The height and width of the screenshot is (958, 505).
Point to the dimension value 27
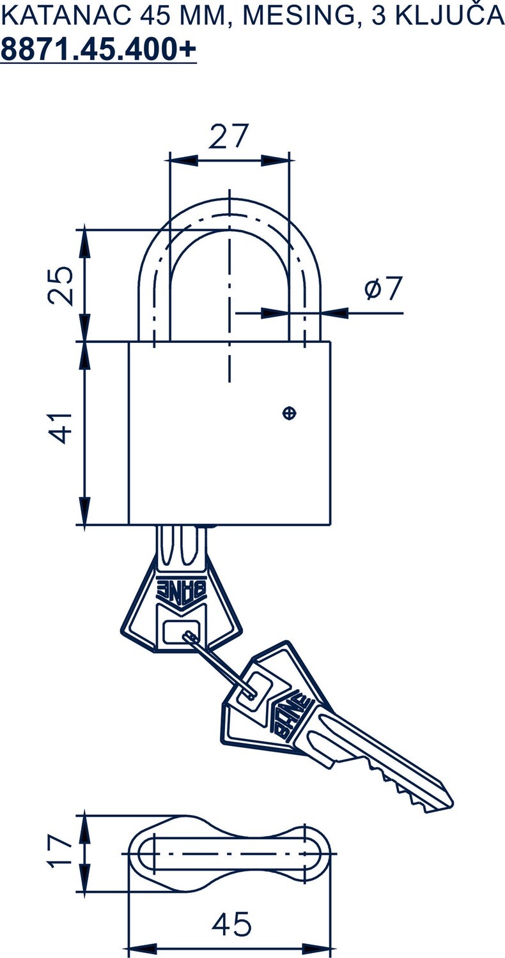point(228,135)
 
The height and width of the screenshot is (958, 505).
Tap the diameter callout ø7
point(384,289)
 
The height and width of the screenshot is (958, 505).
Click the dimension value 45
point(231,924)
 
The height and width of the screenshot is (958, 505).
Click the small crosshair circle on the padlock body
point(290,413)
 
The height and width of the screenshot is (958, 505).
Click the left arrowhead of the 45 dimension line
point(142,947)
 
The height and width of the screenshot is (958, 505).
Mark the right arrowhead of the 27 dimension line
point(276,160)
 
